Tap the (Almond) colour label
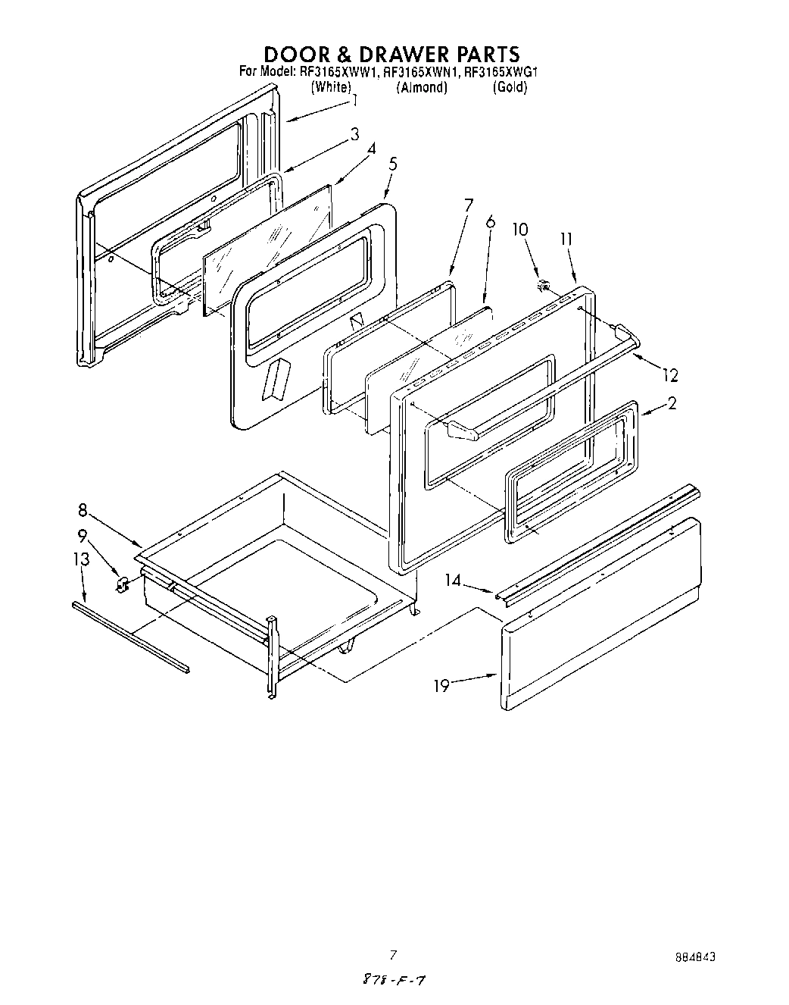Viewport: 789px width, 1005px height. [422, 87]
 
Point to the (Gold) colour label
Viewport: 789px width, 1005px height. [510, 87]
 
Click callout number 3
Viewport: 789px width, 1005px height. [354, 135]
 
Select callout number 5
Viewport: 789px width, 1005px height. [392, 164]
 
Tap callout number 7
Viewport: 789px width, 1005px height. [468, 205]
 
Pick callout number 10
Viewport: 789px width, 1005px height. [520, 229]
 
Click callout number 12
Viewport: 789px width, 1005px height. [669, 375]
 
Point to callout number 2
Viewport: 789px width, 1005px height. [672, 404]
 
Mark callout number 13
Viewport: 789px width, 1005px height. [81, 559]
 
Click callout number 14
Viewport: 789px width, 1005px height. [453, 581]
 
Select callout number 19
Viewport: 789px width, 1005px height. [441, 686]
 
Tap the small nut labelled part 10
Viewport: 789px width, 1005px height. [542, 286]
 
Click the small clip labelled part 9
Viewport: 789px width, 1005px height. [120, 584]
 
